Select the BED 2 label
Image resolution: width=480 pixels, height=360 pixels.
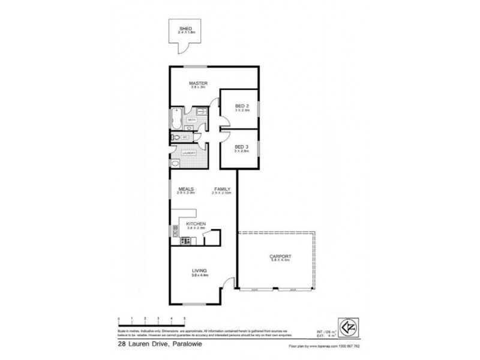[x=241, y=106]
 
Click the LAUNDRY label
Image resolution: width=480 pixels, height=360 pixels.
[x=189, y=153]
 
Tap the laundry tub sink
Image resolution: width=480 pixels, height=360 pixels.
[x=175, y=163]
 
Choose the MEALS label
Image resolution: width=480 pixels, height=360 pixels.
[x=185, y=189]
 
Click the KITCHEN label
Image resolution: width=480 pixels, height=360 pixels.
[x=197, y=223]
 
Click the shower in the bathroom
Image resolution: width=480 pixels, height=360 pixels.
[x=200, y=112]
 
